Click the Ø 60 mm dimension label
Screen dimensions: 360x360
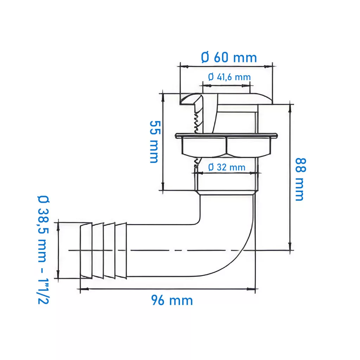click(x=229, y=58)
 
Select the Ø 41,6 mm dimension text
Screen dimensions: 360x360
click(x=229, y=77)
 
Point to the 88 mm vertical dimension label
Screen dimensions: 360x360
click(x=300, y=179)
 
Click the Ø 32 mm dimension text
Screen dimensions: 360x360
click(x=227, y=167)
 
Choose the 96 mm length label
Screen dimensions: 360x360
click(x=172, y=300)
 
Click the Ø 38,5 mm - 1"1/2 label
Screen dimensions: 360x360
click(x=43, y=250)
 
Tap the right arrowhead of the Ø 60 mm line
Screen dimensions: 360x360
click(x=268, y=66)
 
